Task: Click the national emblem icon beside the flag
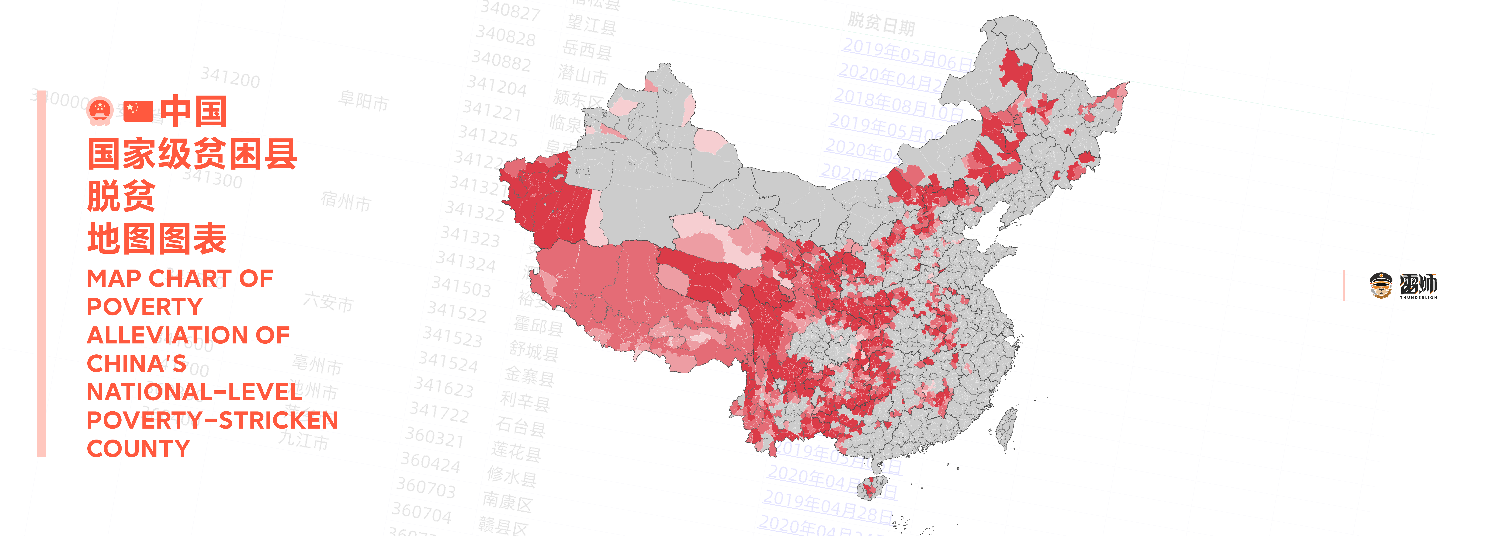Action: click(100, 110)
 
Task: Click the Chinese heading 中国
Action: click(193, 112)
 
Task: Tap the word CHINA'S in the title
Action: click(137, 364)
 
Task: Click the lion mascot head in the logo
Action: click(1381, 285)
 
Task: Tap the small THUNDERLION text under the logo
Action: click(1418, 298)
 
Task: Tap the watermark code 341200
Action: click(230, 77)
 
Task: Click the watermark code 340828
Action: click(506, 36)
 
